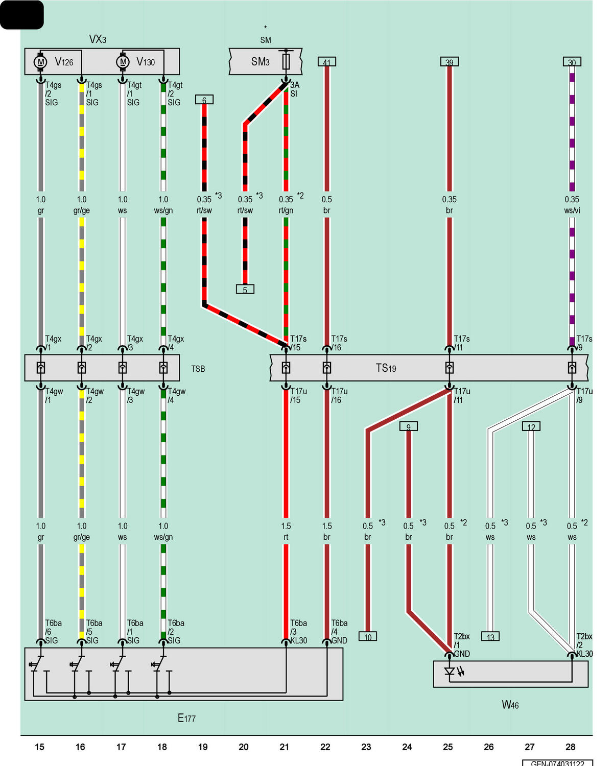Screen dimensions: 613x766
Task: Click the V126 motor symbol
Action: (x=40, y=62)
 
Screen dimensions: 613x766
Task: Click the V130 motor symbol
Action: (x=123, y=62)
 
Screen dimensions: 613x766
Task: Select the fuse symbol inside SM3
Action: (x=286, y=62)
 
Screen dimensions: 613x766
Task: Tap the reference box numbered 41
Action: (x=326, y=62)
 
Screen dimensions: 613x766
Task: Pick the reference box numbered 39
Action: (x=449, y=62)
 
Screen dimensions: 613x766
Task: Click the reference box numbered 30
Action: (x=572, y=62)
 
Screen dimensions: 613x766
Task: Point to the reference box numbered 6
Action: (x=204, y=99)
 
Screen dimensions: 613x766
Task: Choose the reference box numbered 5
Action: (x=245, y=289)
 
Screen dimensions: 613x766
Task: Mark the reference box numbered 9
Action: (x=409, y=426)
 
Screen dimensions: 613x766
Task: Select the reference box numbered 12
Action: (x=531, y=426)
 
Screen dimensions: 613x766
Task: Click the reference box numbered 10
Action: (x=368, y=636)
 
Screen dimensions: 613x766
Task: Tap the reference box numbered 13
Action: (x=490, y=636)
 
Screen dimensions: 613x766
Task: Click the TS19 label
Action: (x=386, y=368)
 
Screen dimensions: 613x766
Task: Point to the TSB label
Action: (x=198, y=369)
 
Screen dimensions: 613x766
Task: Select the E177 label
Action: (x=186, y=718)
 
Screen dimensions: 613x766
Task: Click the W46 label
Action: (x=510, y=704)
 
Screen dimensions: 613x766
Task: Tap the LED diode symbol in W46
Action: (x=450, y=672)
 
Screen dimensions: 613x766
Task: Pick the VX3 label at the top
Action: (x=98, y=39)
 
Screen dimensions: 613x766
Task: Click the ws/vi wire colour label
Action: (x=572, y=210)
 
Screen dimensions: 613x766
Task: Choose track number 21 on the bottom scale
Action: (x=284, y=747)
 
